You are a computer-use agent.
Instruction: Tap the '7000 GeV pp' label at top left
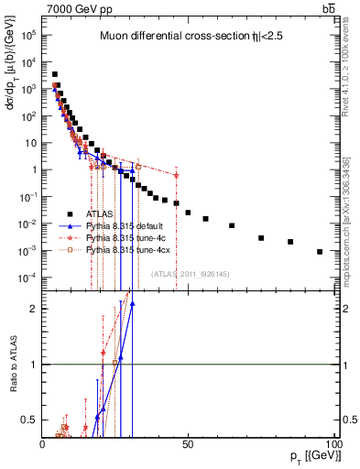click(x=71, y=8)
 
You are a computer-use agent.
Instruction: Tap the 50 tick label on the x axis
click(x=188, y=443)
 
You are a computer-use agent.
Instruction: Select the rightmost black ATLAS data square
click(x=320, y=252)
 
